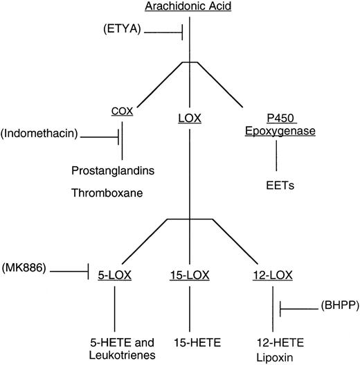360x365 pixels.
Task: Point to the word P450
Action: tap(276, 118)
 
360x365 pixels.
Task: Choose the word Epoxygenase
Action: tap(276, 131)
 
